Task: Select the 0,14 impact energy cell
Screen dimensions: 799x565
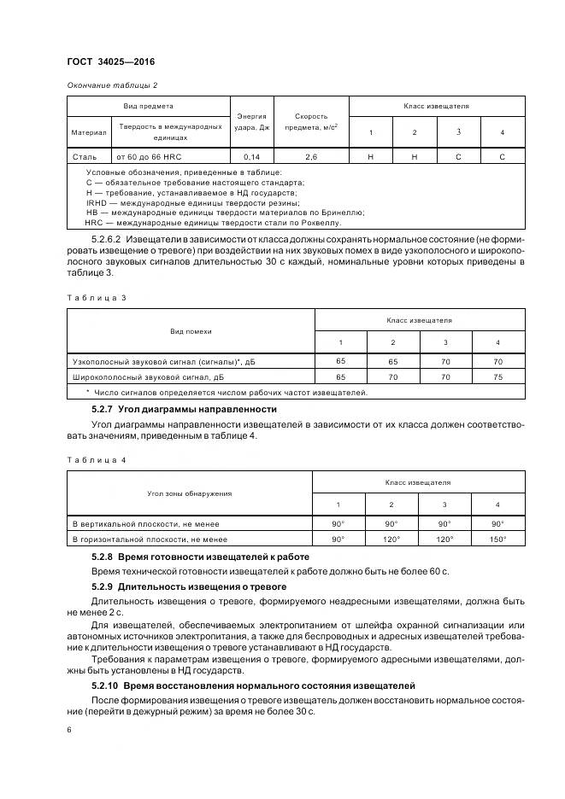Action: tap(251, 157)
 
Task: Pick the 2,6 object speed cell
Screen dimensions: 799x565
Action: tap(311, 157)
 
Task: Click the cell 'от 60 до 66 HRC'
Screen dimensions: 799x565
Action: tap(150, 157)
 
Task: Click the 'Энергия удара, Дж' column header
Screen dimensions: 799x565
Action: tap(251, 122)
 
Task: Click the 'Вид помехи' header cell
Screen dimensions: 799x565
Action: tap(191, 330)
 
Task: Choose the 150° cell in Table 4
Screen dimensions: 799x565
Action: tap(497, 539)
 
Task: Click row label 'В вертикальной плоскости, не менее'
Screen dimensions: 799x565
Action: tap(146, 523)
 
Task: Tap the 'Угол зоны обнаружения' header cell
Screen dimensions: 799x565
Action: tap(190, 493)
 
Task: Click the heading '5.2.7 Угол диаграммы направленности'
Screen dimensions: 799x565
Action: tap(184, 410)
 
